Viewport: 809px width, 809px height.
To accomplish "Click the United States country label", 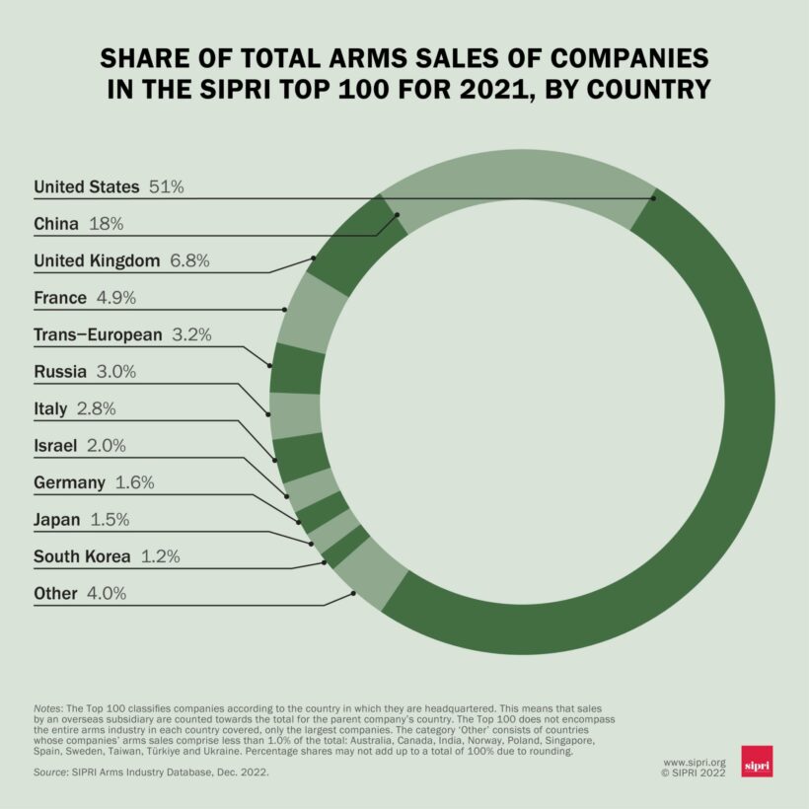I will [88, 186].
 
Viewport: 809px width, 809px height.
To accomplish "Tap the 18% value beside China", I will [106, 224].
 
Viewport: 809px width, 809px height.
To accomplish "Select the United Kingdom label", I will [97, 261].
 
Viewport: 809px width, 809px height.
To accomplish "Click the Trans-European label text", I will [98, 334].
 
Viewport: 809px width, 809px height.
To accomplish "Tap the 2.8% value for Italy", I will [97, 408].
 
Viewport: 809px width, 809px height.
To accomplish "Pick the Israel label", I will [55, 446].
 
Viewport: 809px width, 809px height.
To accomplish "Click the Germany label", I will [69, 482].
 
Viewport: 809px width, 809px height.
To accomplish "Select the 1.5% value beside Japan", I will [110, 520].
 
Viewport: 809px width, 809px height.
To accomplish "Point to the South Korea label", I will [82, 556].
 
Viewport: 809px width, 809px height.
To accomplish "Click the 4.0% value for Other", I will [107, 594].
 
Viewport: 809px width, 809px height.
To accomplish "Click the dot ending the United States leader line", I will [653, 198].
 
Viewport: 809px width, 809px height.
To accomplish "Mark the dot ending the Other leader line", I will [353, 595].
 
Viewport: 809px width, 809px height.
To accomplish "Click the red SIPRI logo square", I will [757, 762].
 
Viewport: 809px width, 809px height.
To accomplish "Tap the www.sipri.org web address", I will [695, 762].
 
